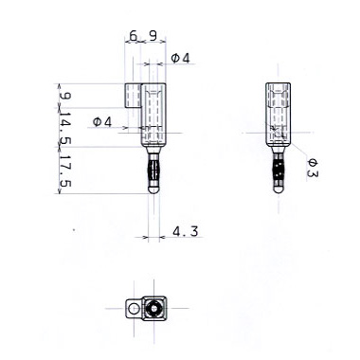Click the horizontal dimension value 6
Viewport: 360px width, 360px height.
point(134,36)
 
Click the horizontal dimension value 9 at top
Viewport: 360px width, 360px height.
point(153,36)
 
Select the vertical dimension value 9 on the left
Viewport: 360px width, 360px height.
point(65,96)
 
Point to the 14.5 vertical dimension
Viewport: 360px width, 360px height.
point(65,128)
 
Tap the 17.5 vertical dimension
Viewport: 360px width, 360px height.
point(65,171)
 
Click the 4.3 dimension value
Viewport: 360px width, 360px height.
point(186,231)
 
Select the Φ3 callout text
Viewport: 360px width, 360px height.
point(313,168)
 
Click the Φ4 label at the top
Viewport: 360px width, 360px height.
point(181,58)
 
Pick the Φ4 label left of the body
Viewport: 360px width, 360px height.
point(102,122)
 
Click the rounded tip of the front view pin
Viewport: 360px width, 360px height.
point(153,189)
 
